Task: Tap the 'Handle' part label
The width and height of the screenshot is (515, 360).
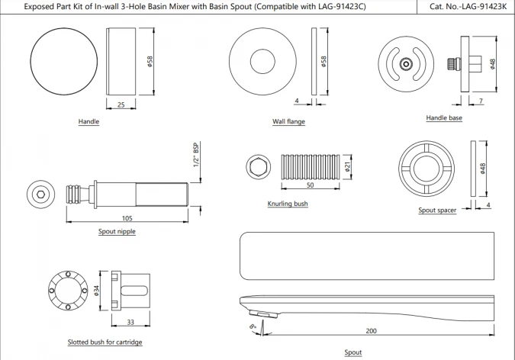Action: pyautogui.click(x=89, y=121)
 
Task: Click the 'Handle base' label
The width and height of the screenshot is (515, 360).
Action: pyautogui.click(x=444, y=118)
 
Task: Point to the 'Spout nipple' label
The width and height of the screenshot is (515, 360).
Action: pyautogui.click(x=117, y=231)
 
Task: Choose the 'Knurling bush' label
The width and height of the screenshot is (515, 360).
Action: pyautogui.click(x=288, y=204)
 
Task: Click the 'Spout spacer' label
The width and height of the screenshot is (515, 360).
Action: pyautogui.click(x=437, y=210)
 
